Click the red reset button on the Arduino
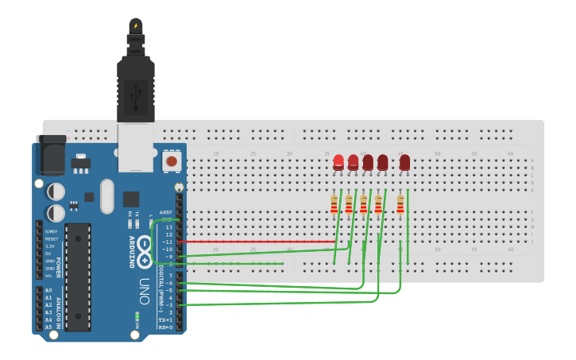point(171,161)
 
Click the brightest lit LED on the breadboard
point(338,162)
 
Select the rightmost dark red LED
point(404,163)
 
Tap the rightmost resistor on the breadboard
point(400,204)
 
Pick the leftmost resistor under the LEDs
point(334,204)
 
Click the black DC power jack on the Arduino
point(49,156)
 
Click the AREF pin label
point(166,212)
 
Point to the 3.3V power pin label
point(51,246)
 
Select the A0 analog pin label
point(48,291)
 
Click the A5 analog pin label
point(48,327)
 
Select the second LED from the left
point(353,163)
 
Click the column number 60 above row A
point(510,153)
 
